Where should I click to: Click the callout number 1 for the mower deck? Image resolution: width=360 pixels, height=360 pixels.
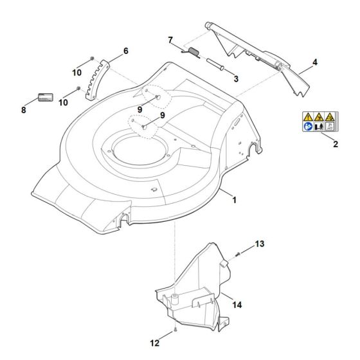(234, 200)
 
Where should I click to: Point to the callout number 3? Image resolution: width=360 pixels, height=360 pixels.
(236, 78)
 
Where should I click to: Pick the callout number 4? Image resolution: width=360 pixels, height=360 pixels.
(315, 62)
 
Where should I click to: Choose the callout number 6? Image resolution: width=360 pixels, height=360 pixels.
(126, 50)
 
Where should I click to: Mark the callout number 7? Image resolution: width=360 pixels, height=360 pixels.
(170, 40)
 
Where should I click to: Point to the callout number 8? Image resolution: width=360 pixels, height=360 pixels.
(24, 110)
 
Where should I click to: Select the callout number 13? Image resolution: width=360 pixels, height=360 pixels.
(259, 244)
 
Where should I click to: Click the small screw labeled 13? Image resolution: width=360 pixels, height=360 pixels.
(237, 253)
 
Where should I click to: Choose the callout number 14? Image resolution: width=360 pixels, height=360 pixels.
(237, 304)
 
